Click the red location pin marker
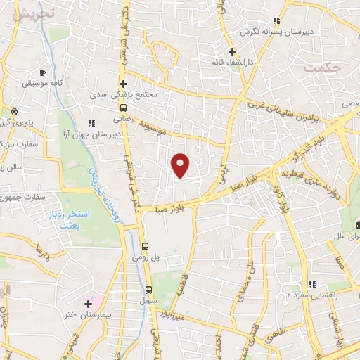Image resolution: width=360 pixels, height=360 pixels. [181, 164]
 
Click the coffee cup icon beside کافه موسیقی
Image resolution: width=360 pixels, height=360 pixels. [42, 73]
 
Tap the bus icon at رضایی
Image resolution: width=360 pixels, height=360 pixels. [124, 108]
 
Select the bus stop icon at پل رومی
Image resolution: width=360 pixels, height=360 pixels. [145, 246]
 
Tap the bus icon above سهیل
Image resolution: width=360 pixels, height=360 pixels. [148, 289]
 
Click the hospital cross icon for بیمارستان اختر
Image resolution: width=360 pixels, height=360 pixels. [87, 304]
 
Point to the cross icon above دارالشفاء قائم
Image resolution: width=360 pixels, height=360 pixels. [232, 51]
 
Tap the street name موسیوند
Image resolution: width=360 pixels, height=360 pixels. [161, 127]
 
